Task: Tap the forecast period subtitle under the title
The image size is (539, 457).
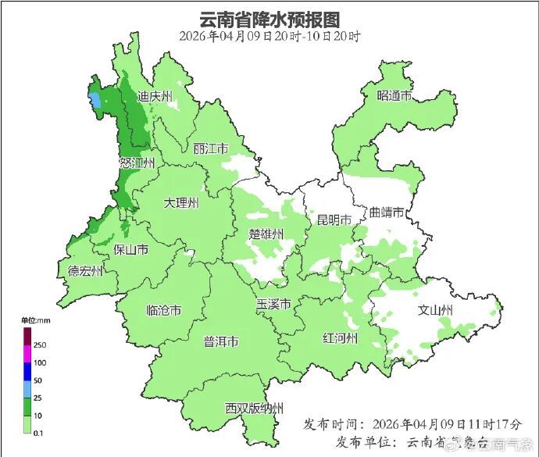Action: [x=269, y=36]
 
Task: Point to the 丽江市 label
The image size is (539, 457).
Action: [x=210, y=148]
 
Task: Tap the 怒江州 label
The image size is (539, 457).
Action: [x=137, y=162]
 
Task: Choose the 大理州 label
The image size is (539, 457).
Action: [x=181, y=203]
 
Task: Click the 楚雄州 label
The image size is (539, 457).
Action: [x=266, y=234]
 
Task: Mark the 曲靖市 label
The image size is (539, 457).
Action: [x=387, y=212]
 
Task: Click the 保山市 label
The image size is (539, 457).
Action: [x=131, y=250]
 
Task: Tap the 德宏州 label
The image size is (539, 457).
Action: [x=85, y=271]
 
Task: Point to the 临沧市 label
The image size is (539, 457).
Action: [x=164, y=310]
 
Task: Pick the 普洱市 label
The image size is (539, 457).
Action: [x=221, y=342]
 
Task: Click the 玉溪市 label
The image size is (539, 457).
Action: [x=273, y=304]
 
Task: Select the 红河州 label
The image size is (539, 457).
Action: [x=340, y=337]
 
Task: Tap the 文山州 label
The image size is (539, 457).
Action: [x=436, y=310]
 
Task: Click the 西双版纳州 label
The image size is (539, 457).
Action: [x=255, y=409]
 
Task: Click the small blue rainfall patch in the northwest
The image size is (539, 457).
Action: [x=95, y=101]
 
